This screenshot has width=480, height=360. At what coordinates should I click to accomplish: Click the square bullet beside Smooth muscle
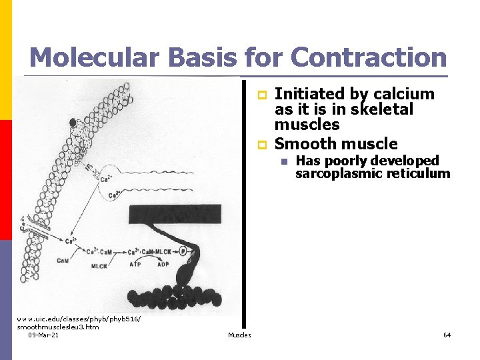[262, 144]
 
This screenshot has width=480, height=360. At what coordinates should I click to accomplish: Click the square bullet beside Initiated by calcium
[262, 95]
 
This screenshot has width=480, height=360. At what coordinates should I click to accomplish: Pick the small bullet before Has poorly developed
[283, 161]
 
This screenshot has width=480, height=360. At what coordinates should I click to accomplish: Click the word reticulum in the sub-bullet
[419, 174]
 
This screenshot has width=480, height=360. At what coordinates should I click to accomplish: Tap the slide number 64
[447, 335]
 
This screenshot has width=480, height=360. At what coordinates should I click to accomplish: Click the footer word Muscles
[239, 335]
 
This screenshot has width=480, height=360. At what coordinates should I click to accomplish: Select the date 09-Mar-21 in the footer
[43, 335]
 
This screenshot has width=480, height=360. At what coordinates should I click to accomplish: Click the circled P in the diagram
[183, 253]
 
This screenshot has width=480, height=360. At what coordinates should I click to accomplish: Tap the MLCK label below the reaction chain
[98, 265]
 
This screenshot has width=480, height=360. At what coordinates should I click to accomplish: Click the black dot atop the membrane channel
[72, 122]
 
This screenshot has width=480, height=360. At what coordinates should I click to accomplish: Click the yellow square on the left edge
[6, 60]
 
